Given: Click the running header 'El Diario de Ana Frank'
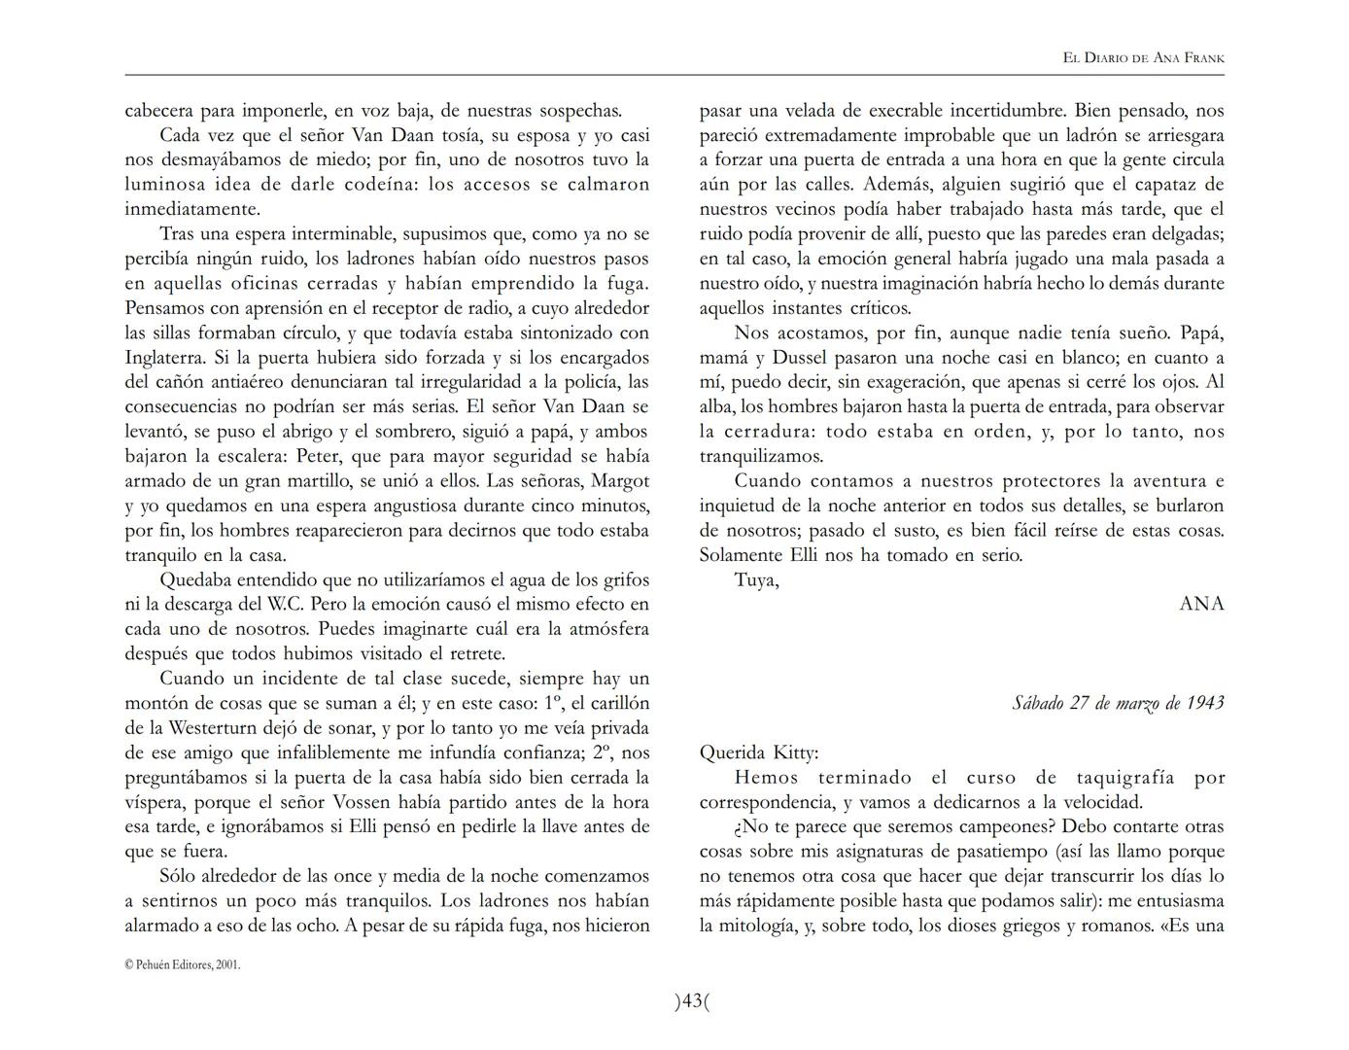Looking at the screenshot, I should coord(1143,58).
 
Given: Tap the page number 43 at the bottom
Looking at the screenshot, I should coord(692,1000).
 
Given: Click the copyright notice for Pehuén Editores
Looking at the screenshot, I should coord(182,964).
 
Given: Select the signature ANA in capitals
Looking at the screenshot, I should coord(1201,604).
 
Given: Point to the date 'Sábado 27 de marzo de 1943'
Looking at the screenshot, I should coord(1118,703).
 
